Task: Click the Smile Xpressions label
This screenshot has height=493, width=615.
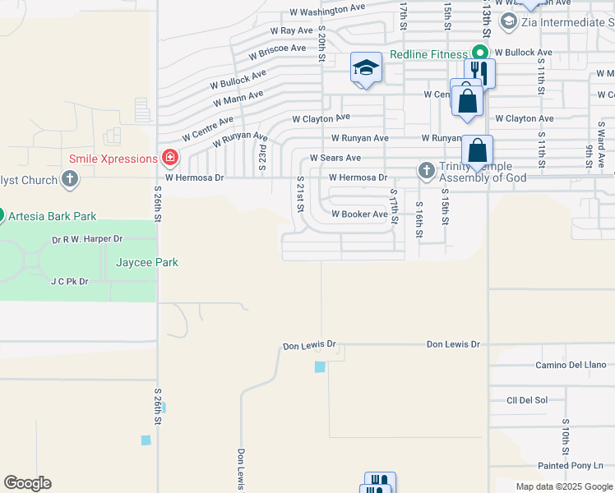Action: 113,159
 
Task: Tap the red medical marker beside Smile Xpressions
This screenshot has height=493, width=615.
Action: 170,157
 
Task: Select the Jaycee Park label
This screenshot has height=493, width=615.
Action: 146,262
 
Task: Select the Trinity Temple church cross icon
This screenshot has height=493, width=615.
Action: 426,170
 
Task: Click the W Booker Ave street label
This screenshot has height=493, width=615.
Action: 358,214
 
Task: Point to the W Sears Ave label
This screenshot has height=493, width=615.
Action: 335,158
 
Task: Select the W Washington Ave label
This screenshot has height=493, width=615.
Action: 327,10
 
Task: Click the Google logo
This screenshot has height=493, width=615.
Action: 27,483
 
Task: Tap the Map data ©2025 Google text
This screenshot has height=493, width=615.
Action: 564,486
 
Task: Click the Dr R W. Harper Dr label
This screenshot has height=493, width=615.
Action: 87,239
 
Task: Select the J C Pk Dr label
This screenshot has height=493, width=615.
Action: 69,281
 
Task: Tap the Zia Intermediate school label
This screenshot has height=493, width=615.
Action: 564,21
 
